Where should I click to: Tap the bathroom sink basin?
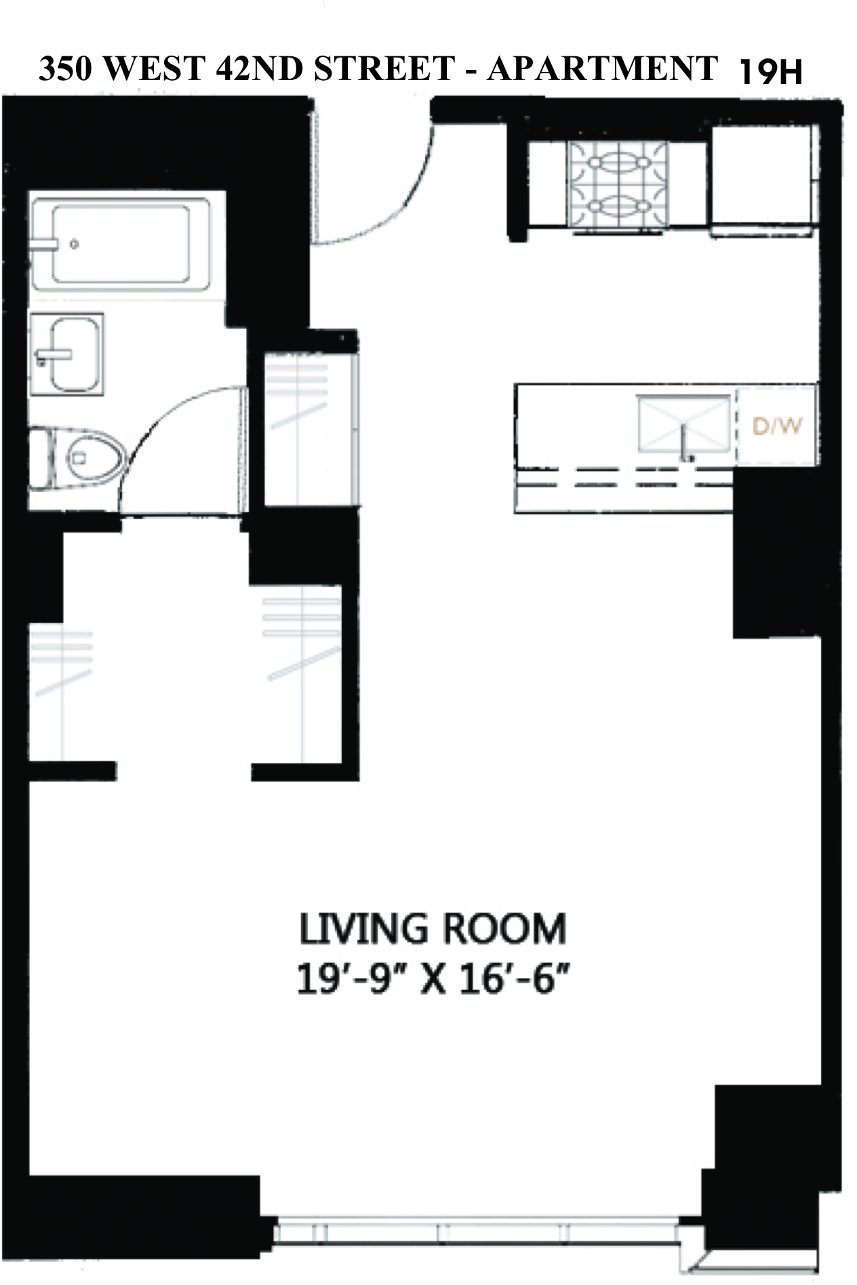click(75, 354)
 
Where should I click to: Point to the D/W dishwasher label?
click(777, 426)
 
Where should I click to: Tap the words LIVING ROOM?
click(433, 929)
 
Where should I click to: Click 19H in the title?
click(770, 71)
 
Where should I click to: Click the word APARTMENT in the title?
click(602, 69)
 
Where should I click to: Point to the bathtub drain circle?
click(75, 244)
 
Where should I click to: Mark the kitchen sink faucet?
click(686, 445)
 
